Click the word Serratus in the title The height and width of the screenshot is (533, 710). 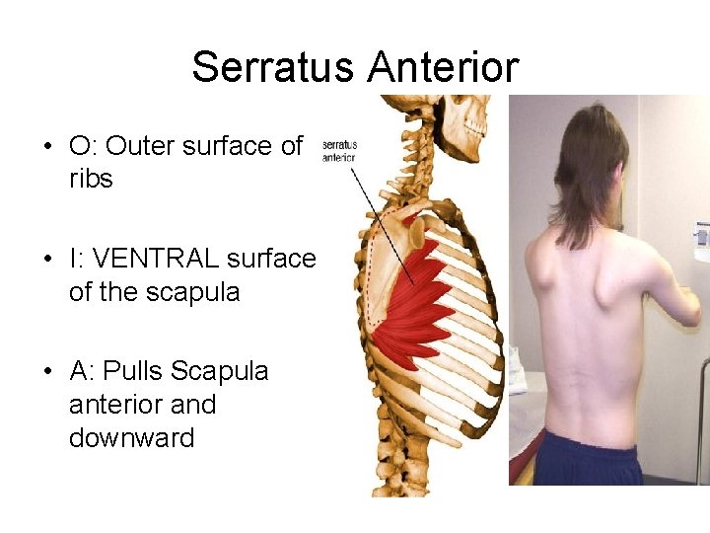click(x=273, y=67)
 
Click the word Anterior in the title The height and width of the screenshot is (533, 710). click(x=443, y=67)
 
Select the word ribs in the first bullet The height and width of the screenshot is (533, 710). click(x=91, y=180)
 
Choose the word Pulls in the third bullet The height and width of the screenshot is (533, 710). click(x=137, y=371)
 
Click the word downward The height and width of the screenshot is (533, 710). click(x=131, y=437)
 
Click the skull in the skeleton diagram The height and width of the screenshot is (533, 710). click(x=461, y=118)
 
